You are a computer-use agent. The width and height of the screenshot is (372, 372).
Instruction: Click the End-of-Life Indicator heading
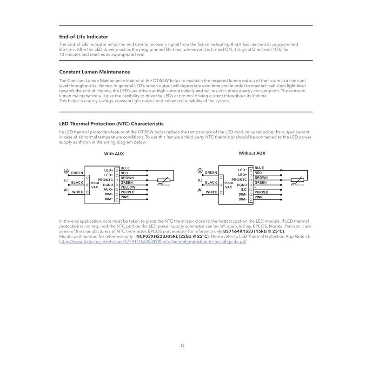click(84, 36)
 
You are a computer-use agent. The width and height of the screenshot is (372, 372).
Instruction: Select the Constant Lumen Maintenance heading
click(94, 72)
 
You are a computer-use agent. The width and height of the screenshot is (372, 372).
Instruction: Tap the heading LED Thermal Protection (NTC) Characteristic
click(111, 124)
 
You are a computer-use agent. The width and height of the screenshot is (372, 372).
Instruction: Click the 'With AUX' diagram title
click(114, 154)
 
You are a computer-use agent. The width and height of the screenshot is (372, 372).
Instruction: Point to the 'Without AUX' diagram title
click(252, 153)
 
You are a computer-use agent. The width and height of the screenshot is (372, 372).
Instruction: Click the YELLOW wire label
click(128, 187)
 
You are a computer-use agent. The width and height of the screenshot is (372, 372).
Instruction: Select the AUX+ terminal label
click(108, 189)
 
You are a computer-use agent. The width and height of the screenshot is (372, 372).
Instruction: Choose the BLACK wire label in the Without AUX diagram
click(211, 183)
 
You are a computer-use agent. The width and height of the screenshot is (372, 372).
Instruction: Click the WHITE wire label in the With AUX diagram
click(77, 192)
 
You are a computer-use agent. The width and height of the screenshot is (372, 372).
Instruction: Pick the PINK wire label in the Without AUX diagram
click(259, 197)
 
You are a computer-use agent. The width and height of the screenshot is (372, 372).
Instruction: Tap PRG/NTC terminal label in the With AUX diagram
click(106, 179)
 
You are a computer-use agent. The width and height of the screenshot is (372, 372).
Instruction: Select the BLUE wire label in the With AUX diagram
click(125, 168)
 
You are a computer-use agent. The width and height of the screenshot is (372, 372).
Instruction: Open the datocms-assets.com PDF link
click(153, 241)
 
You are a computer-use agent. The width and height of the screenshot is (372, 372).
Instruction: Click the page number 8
click(182, 345)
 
